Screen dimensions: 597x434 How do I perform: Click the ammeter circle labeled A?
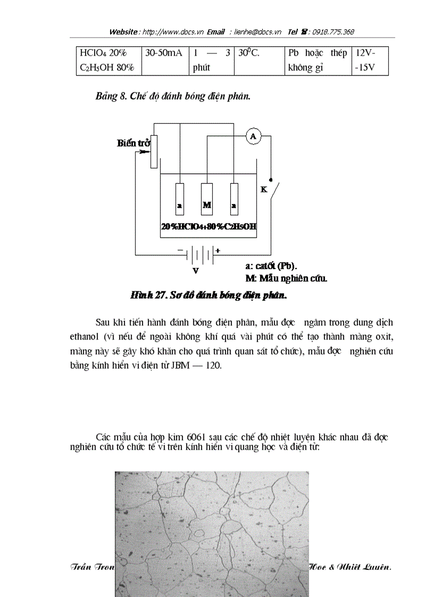tap(253, 137)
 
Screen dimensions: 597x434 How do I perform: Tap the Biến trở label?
tap(133, 143)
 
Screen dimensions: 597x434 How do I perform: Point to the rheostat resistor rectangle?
tap(154, 151)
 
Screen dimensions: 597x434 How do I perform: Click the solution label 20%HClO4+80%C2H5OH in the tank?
tap(209, 226)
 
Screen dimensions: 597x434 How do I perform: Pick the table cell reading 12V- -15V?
tap(370, 61)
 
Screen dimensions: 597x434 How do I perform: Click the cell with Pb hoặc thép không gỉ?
tap(317, 61)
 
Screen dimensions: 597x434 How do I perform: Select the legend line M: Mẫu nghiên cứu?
tap(286, 278)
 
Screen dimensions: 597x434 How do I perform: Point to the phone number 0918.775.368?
tap(333, 32)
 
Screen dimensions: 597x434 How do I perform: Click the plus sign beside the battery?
tap(218, 250)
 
